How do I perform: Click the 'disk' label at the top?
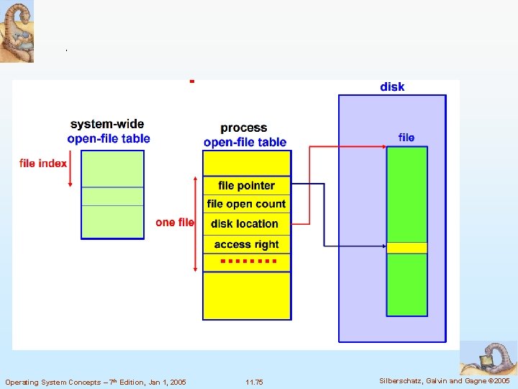click(392, 87)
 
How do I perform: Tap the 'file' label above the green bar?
click(406, 138)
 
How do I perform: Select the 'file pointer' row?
click(246, 186)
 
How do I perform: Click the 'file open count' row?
click(246, 205)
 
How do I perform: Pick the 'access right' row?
click(246, 244)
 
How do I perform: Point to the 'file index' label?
click(43, 164)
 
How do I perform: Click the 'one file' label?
click(175, 222)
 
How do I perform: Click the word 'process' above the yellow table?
click(244, 128)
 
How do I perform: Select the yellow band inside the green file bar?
click(407, 248)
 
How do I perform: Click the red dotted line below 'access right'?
click(248, 260)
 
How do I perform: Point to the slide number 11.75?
click(254, 382)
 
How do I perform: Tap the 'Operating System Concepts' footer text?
click(95, 382)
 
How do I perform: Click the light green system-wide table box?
click(112, 194)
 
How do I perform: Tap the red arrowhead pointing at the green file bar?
click(383, 148)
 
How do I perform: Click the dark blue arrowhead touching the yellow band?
click(383, 246)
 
